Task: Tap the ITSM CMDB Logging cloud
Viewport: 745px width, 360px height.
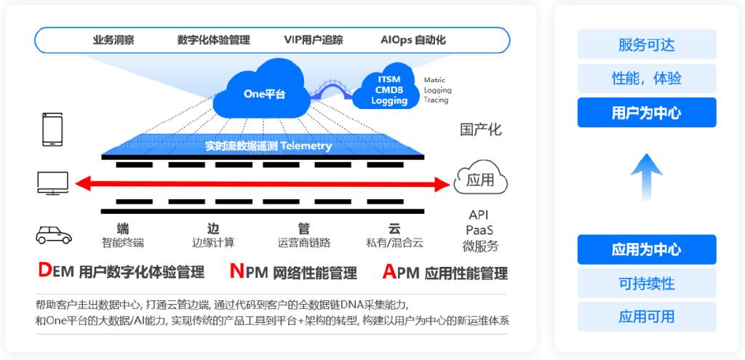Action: coord(389,90)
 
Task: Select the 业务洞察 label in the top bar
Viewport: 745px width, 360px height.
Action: coord(113,40)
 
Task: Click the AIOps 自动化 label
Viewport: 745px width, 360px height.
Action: coord(413,40)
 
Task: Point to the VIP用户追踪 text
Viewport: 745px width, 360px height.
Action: coord(314,40)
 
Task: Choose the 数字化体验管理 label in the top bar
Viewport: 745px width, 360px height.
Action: coord(213,40)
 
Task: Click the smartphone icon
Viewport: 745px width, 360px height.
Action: coord(52,129)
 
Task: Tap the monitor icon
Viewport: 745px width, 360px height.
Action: coord(53,183)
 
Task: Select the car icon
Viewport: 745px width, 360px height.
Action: coord(54,234)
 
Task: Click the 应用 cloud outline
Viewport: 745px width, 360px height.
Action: coord(480,180)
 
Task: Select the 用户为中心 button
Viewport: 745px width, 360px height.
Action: coord(647,113)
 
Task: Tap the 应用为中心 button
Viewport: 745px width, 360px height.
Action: coord(647,249)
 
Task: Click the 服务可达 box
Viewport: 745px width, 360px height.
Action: coord(647,44)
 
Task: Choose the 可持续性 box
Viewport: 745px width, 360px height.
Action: coord(647,283)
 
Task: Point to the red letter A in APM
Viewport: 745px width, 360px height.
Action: coord(389,271)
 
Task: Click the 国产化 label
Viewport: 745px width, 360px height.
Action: coord(481,130)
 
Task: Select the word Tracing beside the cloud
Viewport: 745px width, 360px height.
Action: coord(437,100)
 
